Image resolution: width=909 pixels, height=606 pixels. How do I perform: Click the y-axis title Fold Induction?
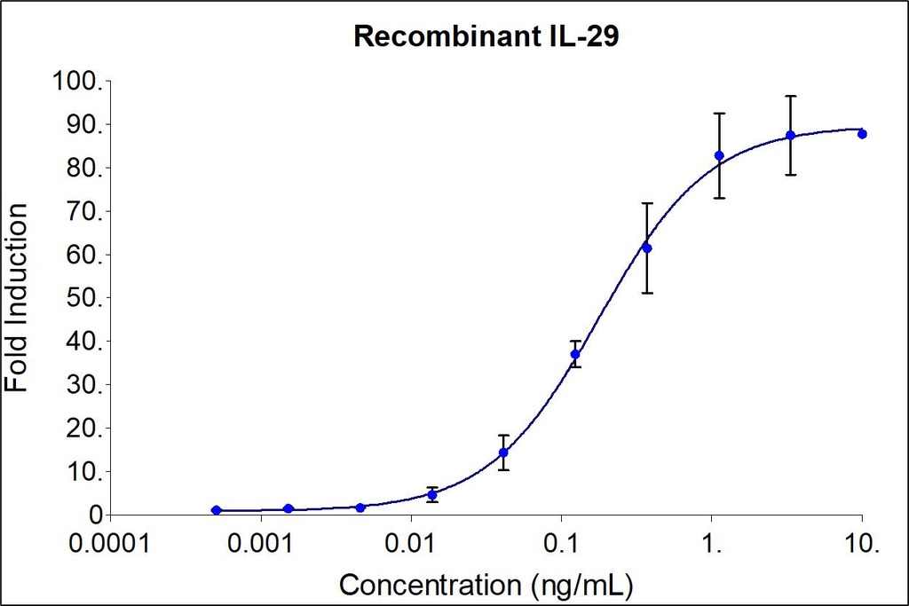[17, 297]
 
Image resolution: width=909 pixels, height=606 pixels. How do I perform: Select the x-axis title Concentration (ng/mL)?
[487, 585]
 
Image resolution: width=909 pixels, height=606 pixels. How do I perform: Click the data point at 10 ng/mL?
[862, 134]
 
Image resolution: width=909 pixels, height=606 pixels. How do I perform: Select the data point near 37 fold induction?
[575, 354]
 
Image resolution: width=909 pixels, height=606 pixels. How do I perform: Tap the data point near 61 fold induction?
[647, 248]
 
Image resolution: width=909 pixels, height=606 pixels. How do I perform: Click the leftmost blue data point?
[216, 510]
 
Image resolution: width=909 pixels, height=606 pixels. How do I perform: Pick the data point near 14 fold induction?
[503, 453]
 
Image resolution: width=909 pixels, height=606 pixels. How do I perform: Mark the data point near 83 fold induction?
[719, 156]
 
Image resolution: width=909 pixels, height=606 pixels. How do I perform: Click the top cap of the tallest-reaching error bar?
[790, 96]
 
